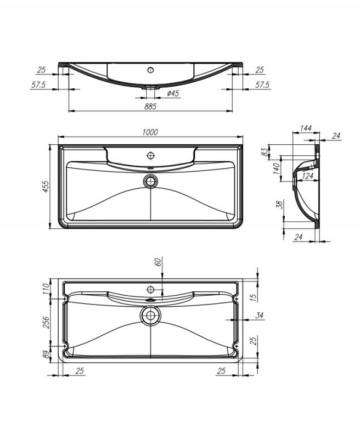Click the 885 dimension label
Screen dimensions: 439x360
tap(151, 106)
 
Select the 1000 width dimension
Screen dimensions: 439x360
tap(150, 132)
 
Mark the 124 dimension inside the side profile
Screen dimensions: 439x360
tap(307, 176)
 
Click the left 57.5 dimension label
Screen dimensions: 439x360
tap(38, 85)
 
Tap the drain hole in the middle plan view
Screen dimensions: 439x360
tap(150, 180)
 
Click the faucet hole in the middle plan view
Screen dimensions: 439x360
tap(150, 155)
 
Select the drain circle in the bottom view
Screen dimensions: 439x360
tap(150, 316)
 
